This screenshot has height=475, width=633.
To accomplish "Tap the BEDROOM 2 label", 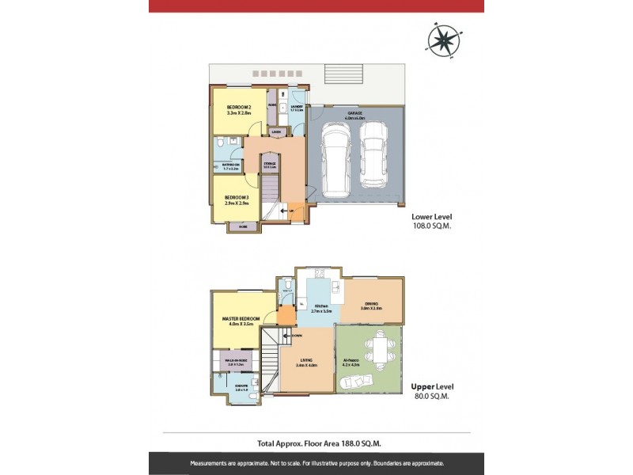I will click(238, 108).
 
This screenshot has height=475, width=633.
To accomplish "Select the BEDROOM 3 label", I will click(237, 197).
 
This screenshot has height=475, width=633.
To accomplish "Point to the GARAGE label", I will click(354, 114).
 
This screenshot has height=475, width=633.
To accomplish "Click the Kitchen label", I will click(321, 306).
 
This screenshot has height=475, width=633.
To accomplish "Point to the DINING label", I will click(371, 304).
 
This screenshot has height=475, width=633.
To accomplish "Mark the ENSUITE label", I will click(241, 387).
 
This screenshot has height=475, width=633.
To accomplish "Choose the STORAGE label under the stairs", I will click(269, 165).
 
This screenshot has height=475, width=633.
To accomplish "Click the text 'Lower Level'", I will click(431, 215).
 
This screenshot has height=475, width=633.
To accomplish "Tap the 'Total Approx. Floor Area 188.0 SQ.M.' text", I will click(316, 445).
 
